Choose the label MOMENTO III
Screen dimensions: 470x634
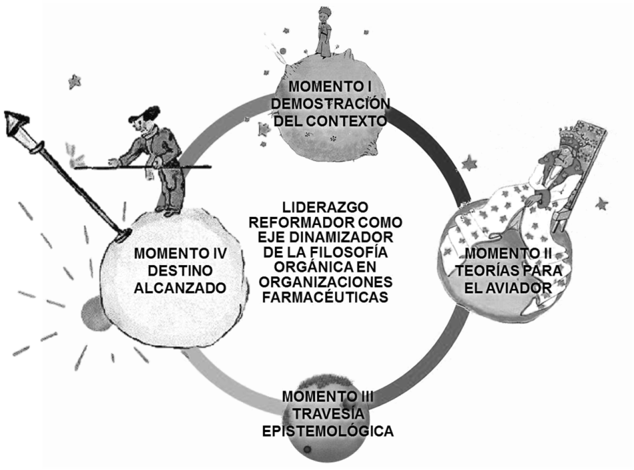coord(328,397)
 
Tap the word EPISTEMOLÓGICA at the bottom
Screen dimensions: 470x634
coord(327,431)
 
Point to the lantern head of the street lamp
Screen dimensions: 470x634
coord(15,124)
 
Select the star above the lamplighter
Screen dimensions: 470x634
coord(75,82)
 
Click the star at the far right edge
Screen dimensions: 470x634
coord(601,204)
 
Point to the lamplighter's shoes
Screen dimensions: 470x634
coord(170,212)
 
